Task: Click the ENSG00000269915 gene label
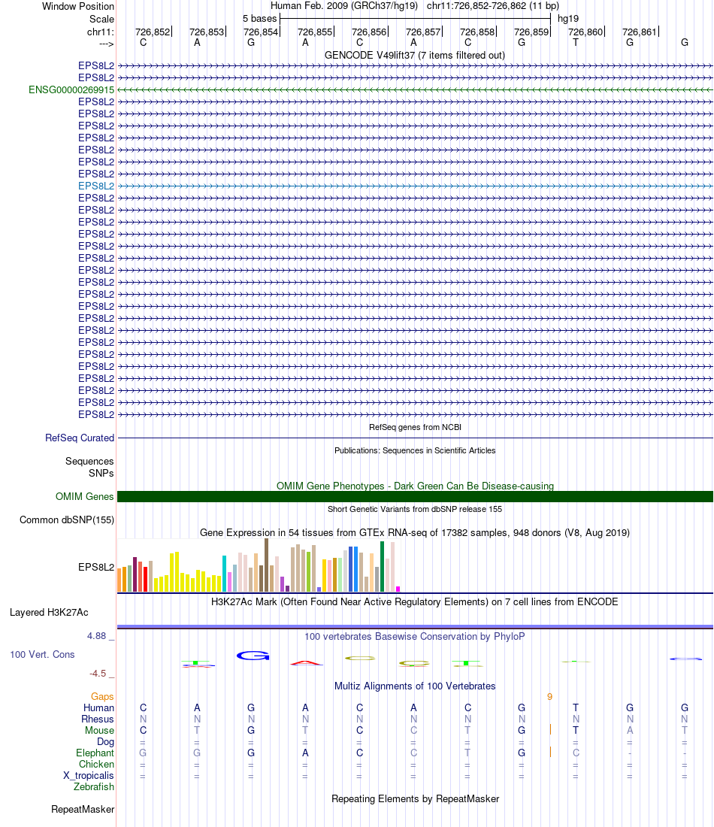coord(71,89)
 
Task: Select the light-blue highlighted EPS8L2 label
coord(96,186)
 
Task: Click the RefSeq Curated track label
coord(80,438)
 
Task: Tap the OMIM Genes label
coord(85,496)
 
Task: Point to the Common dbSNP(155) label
coord(67,520)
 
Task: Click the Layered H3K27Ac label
coord(49,612)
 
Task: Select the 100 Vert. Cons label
coord(42,654)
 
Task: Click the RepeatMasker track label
coord(83,810)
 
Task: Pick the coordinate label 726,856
coord(369,32)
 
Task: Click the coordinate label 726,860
coord(585,32)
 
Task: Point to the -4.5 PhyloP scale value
coord(98,674)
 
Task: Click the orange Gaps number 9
coord(549,697)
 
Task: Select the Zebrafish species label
coord(94,787)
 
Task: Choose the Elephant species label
coord(95,753)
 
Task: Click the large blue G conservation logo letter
coord(253,656)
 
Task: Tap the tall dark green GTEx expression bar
coord(382,566)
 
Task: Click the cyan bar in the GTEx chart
coord(224,574)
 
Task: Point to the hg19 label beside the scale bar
coord(568,17)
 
